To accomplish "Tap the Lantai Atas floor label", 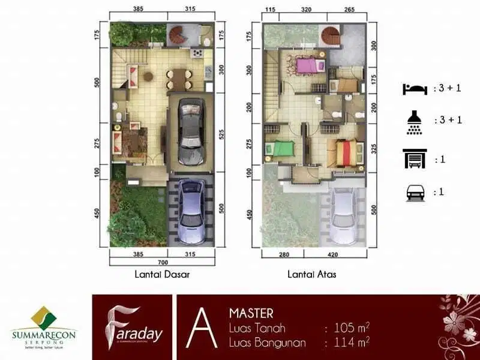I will [x=312, y=274].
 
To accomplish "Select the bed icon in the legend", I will [x=415, y=88].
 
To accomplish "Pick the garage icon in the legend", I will [x=415, y=159].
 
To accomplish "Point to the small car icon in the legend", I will [x=415, y=192].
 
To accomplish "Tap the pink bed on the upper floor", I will [x=305, y=65].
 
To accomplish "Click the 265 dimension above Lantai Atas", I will [x=350, y=10].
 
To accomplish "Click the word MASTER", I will [x=251, y=313].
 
